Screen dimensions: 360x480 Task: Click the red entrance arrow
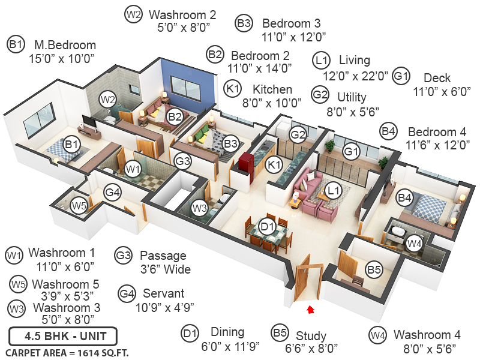point(310,310)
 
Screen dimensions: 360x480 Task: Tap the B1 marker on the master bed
point(71,144)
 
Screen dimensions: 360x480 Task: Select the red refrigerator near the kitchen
point(246,163)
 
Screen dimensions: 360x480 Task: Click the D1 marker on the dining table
point(268,226)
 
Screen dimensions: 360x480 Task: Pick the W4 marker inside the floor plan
point(414,243)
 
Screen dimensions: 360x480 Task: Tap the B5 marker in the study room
point(374,271)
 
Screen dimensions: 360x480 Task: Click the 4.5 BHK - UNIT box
point(63,335)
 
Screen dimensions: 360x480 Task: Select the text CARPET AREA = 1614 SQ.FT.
point(67,352)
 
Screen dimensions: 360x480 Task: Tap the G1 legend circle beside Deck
point(401,76)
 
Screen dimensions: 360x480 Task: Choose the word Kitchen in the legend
point(272,89)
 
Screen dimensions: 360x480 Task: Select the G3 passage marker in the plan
point(182,161)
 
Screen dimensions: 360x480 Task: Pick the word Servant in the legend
point(163,293)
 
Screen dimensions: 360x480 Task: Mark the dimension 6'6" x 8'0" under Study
point(311,348)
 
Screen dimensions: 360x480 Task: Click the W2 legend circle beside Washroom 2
point(133,14)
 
